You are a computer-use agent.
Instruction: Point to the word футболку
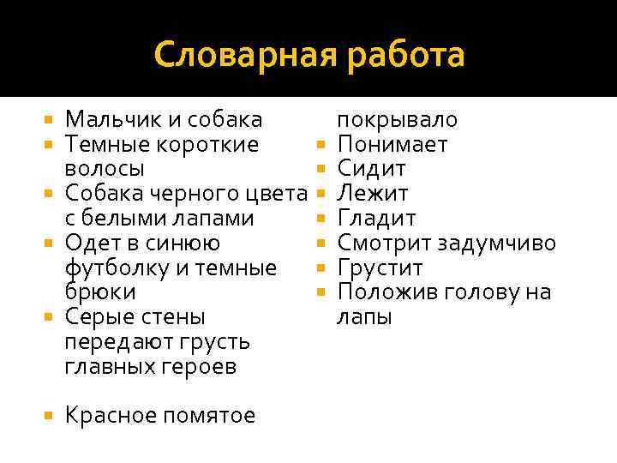pyautogui.click(x=118, y=268)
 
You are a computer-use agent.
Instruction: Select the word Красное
pyautogui.click(x=109, y=416)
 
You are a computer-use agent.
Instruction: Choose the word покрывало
pyautogui.click(x=398, y=120)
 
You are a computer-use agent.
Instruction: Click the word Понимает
pyautogui.click(x=392, y=144)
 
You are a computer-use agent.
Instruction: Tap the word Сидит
pyautogui.click(x=372, y=168)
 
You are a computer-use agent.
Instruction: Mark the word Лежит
pyautogui.click(x=373, y=193)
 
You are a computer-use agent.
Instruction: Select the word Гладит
pyautogui.click(x=377, y=218)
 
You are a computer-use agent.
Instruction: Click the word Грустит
pyautogui.click(x=380, y=268)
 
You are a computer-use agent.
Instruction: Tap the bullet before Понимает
pyautogui.click(x=320, y=144)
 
